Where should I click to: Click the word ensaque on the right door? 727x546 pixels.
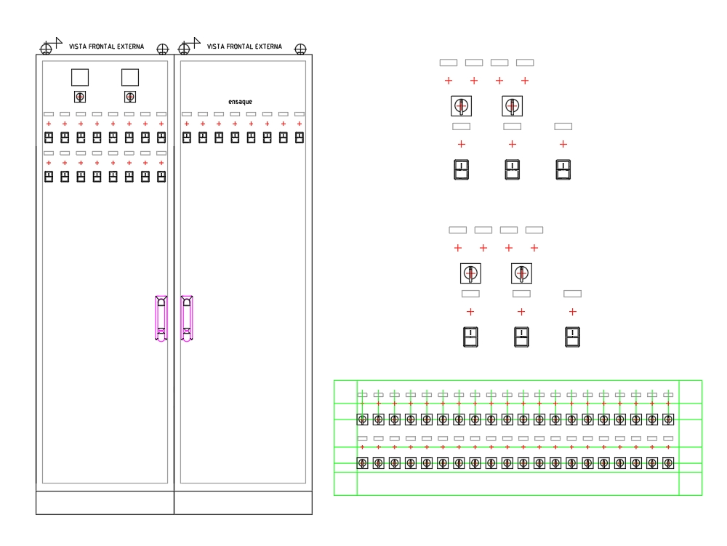(240, 102)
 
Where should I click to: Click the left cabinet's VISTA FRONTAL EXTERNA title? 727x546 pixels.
(107, 47)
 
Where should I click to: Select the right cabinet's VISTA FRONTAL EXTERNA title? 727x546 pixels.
(244, 47)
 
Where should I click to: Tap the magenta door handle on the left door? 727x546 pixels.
(161, 318)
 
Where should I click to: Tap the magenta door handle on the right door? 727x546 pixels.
(187, 318)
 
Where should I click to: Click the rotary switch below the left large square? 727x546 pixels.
(80, 97)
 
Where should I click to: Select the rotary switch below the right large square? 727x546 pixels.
(130, 97)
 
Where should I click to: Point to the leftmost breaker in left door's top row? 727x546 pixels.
(49, 137)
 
